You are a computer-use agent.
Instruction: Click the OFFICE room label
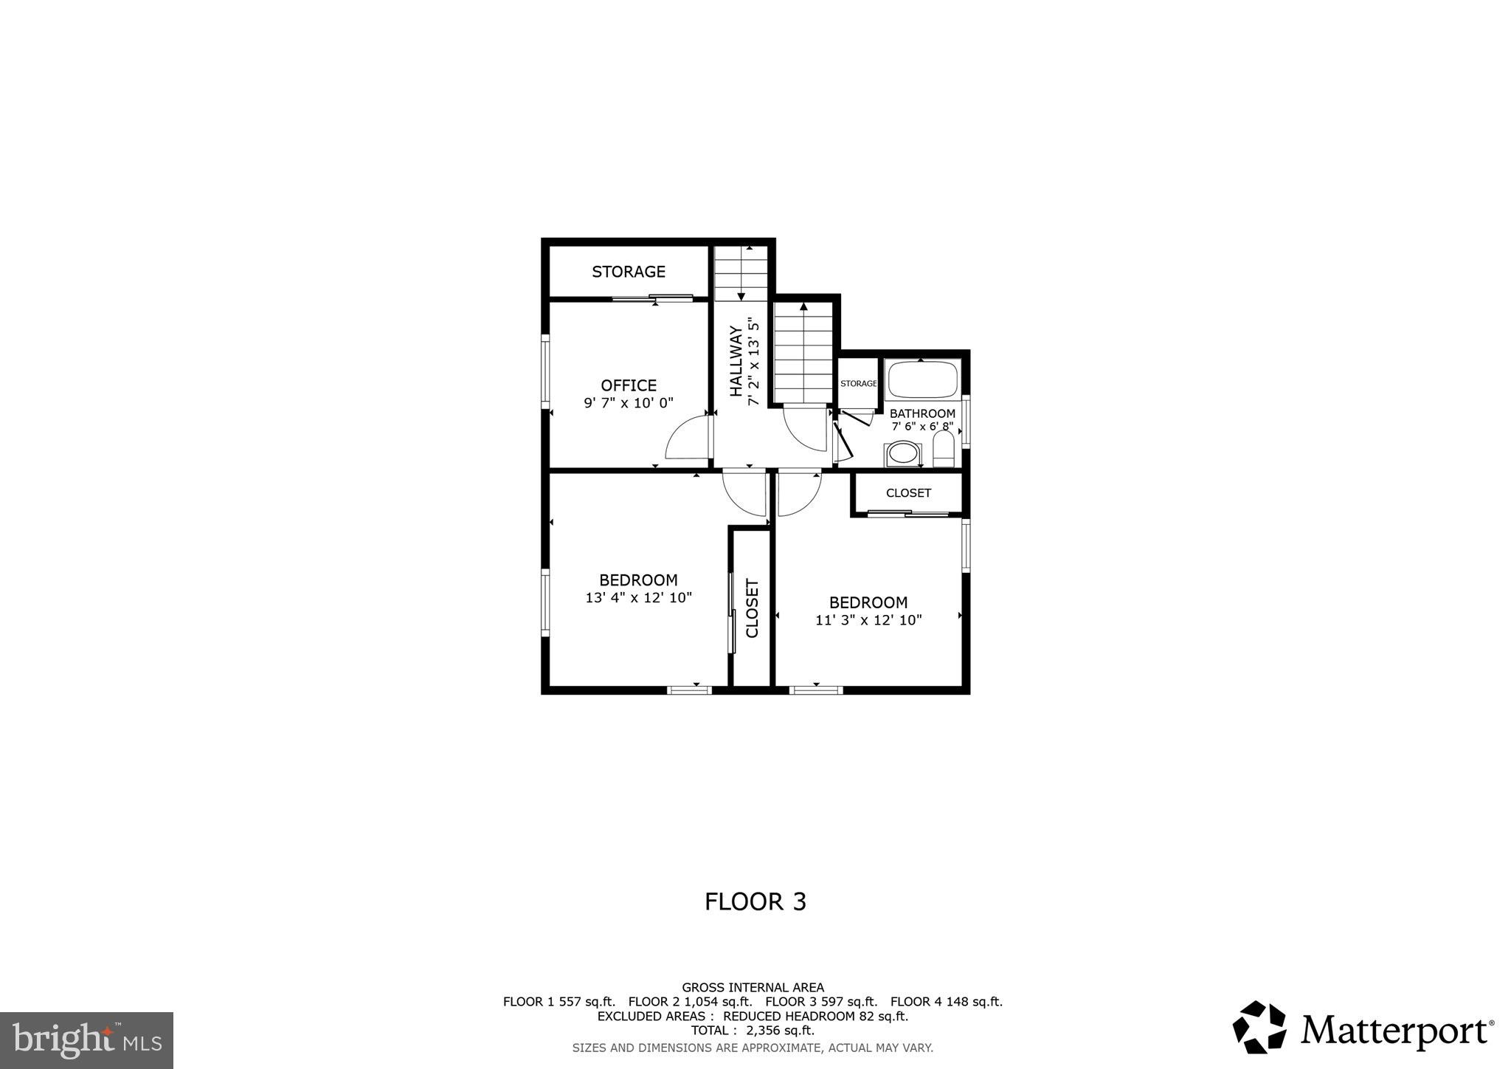pos(629,385)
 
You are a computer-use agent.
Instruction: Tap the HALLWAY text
pos(736,362)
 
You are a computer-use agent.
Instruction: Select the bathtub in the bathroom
pos(922,379)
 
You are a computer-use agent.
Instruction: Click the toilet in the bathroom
pos(944,450)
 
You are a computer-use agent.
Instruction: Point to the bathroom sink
pos(904,453)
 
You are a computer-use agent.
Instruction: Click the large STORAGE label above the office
pos(629,272)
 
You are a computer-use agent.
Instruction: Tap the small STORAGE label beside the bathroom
pos(859,384)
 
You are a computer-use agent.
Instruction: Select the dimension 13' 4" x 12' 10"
pos(639,598)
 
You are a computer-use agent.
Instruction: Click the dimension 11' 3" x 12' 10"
pos(868,620)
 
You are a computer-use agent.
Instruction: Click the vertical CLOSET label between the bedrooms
pos(753,608)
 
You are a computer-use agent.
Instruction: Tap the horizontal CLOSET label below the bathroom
pos(908,493)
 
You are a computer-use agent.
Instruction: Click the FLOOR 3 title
pos(755,901)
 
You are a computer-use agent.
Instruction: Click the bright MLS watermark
pos(86,1040)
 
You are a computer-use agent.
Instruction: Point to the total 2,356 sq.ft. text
pos(753,1031)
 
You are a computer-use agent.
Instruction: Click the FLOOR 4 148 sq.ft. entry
pos(946,1002)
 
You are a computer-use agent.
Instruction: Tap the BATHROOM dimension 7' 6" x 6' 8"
pos(922,427)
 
